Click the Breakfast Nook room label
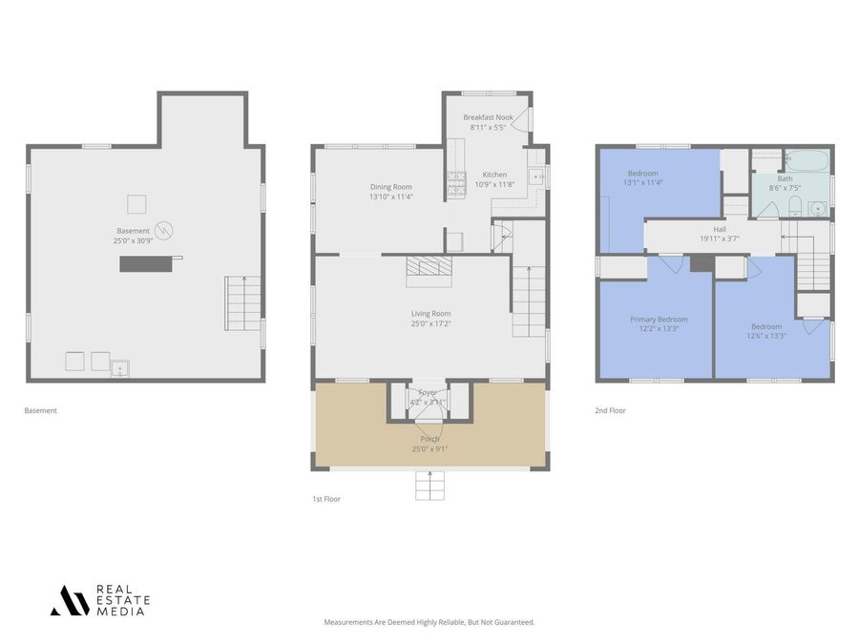pyautogui.click(x=488, y=117)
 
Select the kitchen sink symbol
pyautogui.click(x=536, y=176)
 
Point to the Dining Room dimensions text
pyautogui.click(x=391, y=197)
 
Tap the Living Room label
pyautogui.click(x=430, y=313)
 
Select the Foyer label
pyautogui.click(x=427, y=392)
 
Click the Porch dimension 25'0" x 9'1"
pyautogui.click(x=429, y=448)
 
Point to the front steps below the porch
pyautogui.click(x=429, y=487)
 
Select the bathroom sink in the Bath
pyautogui.click(x=816, y=209)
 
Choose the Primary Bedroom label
pyautogui.click(x=659, y=320)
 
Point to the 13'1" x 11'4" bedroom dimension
pyautogui.click(x=642, y=182)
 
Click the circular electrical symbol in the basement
pyautogui.click(x=165, y=230)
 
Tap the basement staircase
pyautogui.click(x=242, y=302)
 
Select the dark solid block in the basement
pyautogui.click(x=146, y=263)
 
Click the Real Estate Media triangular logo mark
pyautogui.click(x=70, y=600)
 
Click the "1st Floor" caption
pyautogui.click(x=326, y=499)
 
